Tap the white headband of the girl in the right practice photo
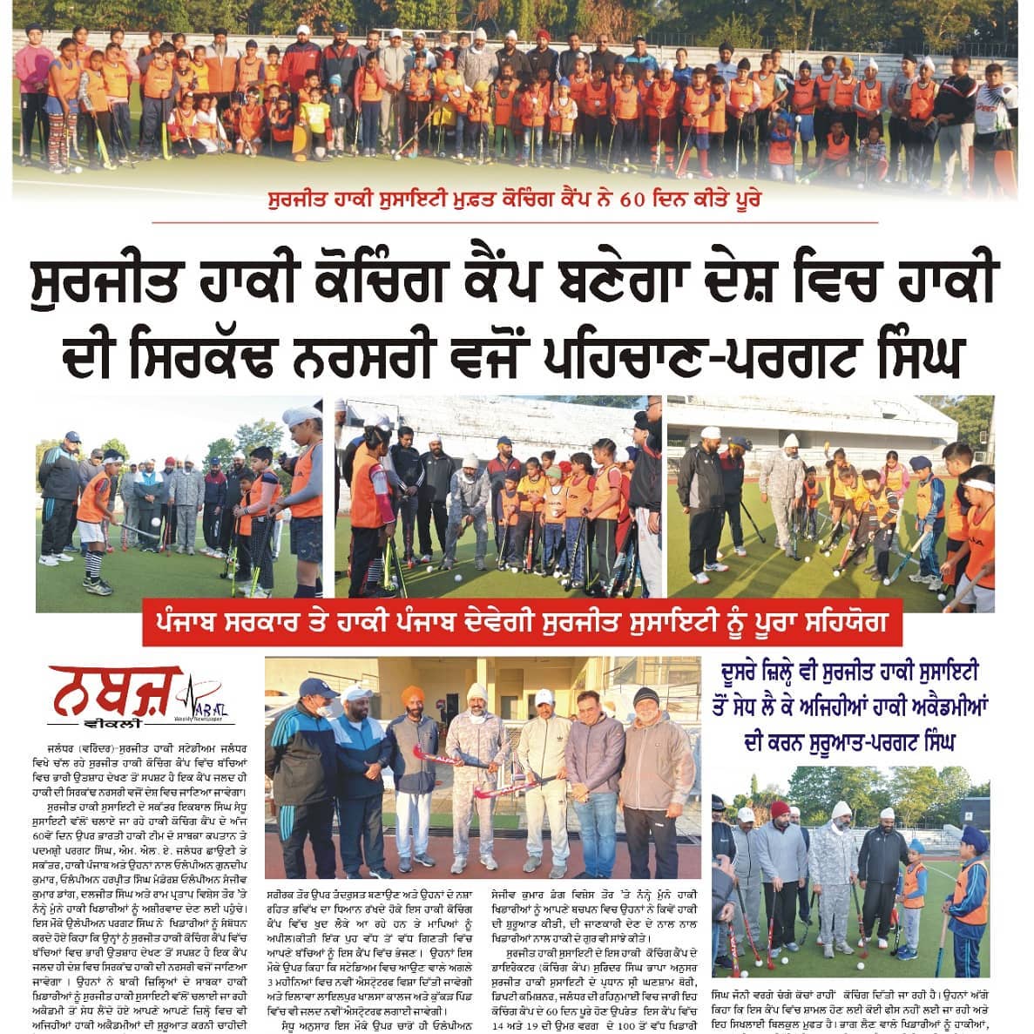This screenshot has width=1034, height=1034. coord(979,484)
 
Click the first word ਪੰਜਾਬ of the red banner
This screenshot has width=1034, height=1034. coord(191,626)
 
